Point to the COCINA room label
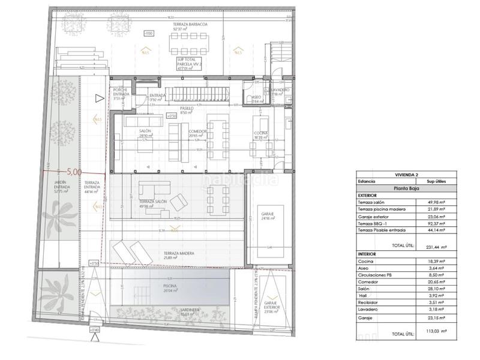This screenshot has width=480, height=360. (260, 134)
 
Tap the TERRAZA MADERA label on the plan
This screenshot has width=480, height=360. (179, 255)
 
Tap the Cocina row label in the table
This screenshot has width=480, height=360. (366, 262)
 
